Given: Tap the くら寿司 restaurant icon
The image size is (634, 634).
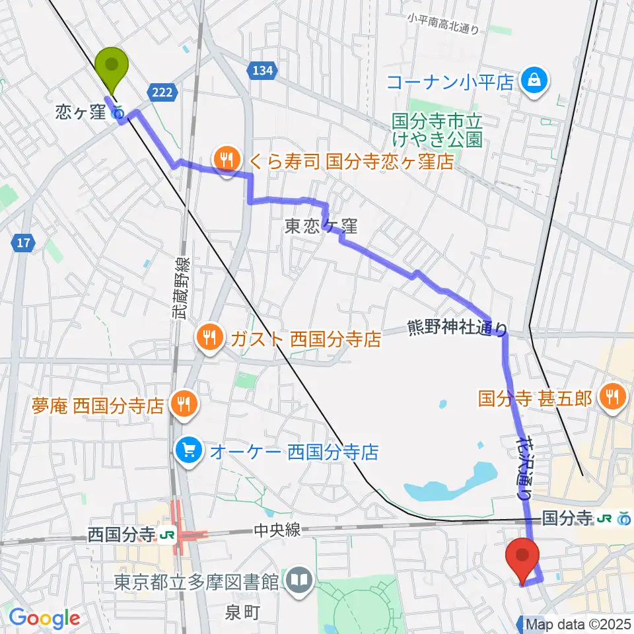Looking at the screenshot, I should (227, 158).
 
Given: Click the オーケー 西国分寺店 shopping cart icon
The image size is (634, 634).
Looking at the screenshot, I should (189, 452).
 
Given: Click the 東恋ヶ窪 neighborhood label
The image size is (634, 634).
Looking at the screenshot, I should (321, 227).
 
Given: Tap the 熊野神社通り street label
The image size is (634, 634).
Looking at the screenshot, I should (457, 327).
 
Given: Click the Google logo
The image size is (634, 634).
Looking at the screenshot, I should (44, 618).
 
